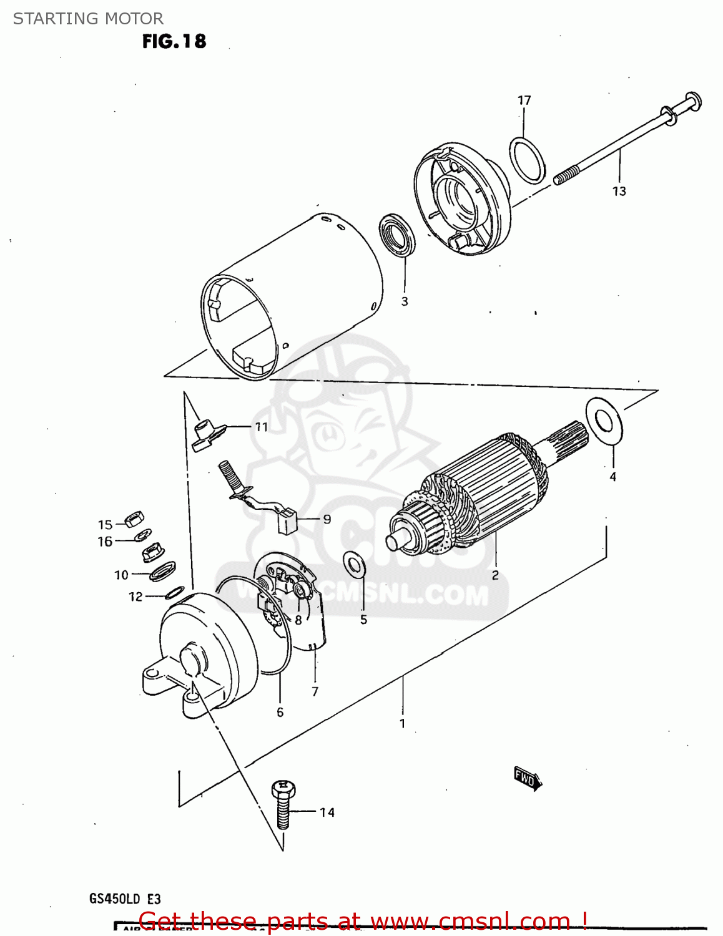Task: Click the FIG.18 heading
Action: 174,41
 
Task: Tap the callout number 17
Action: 524,100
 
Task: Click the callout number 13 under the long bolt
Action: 619,191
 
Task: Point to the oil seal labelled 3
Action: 398,234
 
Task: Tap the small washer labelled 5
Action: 355,565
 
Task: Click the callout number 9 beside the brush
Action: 327,519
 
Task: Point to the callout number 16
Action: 105,542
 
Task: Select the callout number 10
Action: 121,575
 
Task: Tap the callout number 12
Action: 135,597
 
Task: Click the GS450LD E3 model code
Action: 125,899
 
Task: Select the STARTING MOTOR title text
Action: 88,19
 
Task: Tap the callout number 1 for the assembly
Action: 403,723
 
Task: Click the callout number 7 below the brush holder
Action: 315,691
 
